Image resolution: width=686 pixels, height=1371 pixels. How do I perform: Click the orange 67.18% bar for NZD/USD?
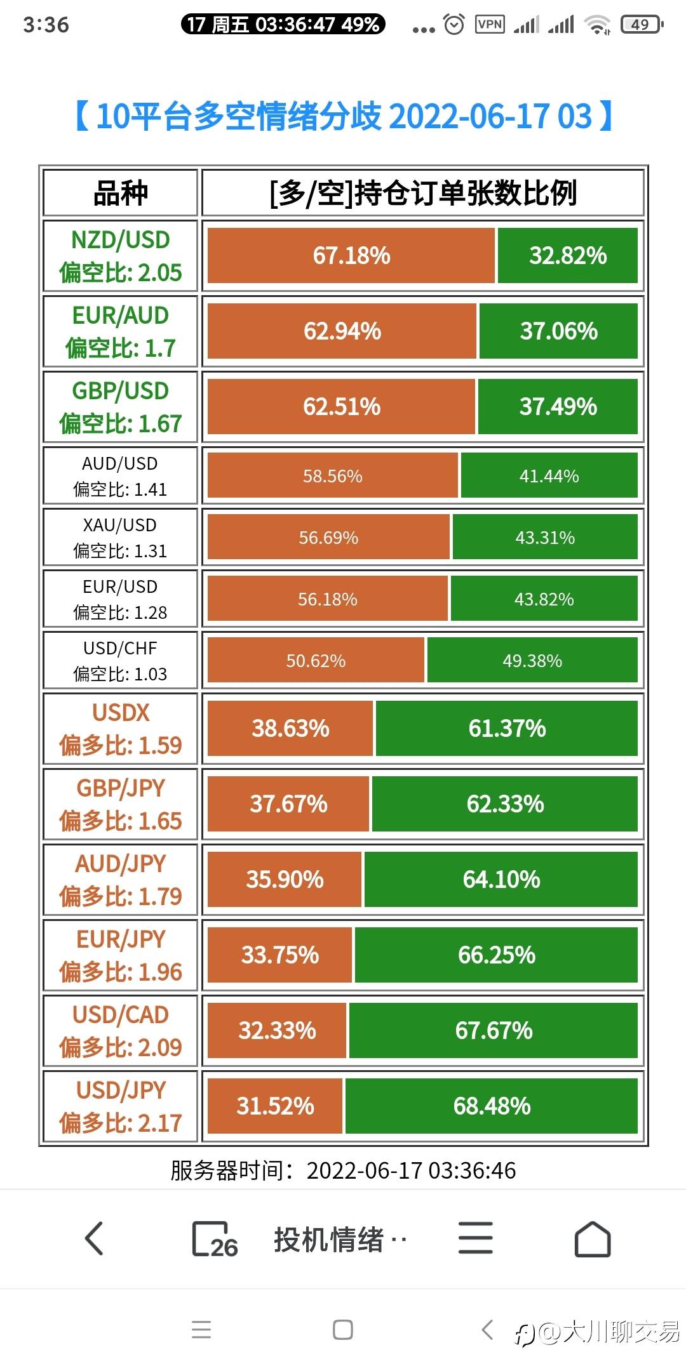pos(351,255)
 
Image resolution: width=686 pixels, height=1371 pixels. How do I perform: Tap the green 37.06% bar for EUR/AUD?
pos(558,331)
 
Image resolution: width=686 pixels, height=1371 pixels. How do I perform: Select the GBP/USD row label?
pos(120,407)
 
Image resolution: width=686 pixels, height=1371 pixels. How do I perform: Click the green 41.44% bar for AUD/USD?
pos(549,475)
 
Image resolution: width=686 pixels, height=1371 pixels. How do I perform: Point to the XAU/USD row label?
pos(120,537)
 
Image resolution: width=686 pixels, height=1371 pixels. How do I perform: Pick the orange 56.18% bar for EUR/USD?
pos(327,599)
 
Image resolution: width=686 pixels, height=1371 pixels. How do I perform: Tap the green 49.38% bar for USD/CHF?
pos(532,660)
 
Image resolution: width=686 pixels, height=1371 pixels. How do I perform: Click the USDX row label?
pos(120,728)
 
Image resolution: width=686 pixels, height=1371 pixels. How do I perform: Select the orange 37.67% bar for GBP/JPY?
pos(288,804)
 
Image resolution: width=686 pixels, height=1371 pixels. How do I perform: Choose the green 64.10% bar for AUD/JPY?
pos(501,879)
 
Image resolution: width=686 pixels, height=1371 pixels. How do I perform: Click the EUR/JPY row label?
pos(120,955)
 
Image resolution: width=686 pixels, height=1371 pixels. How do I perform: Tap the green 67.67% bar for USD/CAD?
pos(494,1030)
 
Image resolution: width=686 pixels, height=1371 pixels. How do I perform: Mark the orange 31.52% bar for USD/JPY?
pos(275,1106)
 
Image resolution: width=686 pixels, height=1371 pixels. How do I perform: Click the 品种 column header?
pos(120,193)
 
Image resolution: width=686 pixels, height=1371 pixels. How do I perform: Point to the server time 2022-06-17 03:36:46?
pos(344,1170)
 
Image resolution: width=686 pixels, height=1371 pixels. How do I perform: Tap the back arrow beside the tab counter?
pos(94,1238)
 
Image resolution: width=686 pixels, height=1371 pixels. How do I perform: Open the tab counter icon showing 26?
pos(214,1238)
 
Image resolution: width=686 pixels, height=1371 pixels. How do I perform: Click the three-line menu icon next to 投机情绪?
pos(475,1238)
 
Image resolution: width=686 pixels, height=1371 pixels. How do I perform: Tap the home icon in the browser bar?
pos(592,1238)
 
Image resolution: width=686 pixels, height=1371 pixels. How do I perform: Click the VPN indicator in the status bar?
pos(490,25)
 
